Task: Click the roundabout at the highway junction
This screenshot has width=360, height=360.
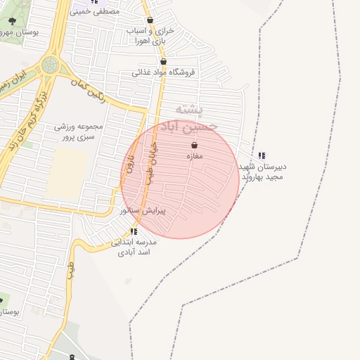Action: tap(50, 65)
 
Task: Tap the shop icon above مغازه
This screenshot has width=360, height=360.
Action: tap(194, 146)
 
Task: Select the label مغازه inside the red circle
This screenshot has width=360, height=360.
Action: tap(194, 156)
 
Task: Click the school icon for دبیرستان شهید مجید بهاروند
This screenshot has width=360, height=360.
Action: tap(262, 155)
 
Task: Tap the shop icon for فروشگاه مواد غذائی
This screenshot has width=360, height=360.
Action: tap(163, 61)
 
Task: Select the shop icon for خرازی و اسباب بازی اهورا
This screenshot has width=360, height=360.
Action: tap(150, 20)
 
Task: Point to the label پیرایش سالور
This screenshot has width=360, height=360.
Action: tap(143, 210)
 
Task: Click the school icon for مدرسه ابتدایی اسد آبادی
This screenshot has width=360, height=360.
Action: tap(134, 231)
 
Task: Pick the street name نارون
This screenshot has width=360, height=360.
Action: tap(130, 164)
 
